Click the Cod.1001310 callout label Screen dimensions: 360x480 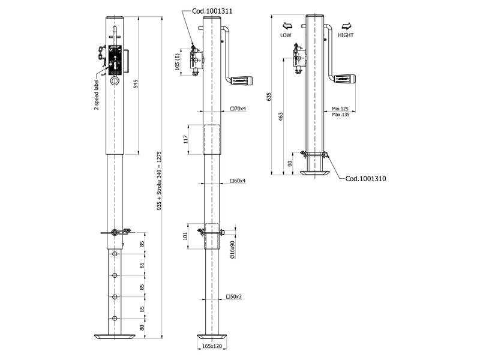coord(365,178)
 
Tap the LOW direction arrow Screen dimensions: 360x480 coord(286,27)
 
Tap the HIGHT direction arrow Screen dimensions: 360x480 coord(346,27)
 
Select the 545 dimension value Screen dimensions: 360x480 coord(136,83)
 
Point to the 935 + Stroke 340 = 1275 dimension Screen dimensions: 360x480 coord(160,181)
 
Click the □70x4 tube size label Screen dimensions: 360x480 coord(238,109)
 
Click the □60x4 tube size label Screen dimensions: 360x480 coord(238,181)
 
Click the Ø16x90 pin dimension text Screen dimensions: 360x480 coord(233,249)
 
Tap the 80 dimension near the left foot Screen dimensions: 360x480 coord(142,327)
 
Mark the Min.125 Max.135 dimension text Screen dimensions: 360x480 coord(340,112)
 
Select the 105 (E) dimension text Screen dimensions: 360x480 coord(178,62)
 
